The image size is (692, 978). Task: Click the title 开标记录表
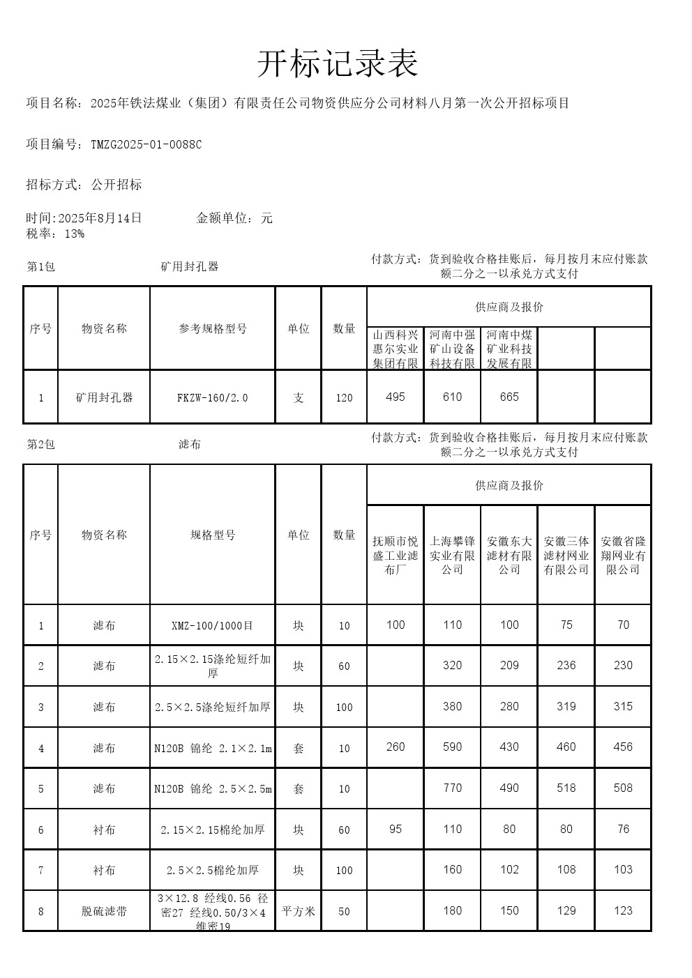click(338, 65)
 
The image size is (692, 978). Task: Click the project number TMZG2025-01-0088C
click(146, 144)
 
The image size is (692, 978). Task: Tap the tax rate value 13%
click(74, 234)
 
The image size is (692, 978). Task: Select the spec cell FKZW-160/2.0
click(212, 398)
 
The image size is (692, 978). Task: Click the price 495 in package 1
click(395, 397)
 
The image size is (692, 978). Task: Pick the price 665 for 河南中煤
click(509, 397)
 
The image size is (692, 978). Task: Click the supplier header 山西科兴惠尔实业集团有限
click(396, 349)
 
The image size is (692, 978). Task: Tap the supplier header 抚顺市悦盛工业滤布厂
click(396, 555)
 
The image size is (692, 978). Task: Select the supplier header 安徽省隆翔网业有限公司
click(623, 555)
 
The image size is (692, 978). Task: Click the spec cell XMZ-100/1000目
click(212, 626)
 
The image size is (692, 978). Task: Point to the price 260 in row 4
click(395, 747)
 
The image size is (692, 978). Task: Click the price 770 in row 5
click(452, 788)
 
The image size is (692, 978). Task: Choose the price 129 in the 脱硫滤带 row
click(566, 910)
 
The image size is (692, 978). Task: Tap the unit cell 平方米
click(299, 911)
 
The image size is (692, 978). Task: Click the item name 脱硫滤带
click(104, 911)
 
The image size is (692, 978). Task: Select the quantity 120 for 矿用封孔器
click(344, 398)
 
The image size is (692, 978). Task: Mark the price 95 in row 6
click(395, 829)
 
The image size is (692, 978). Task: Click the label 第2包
click(40, 445)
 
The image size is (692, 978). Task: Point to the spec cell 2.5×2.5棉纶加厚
click(212, 871)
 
